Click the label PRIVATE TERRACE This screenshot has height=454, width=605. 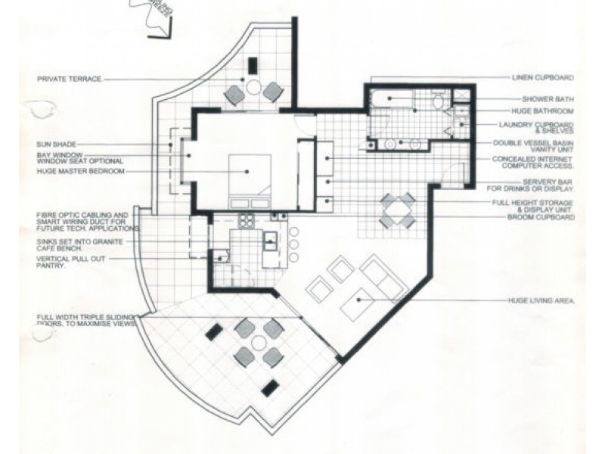[69, 79]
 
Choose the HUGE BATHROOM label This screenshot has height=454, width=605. [548, 111]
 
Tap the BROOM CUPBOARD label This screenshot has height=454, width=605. [541, 218]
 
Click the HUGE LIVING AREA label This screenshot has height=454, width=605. [541, 301]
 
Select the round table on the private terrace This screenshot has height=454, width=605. [253, 89]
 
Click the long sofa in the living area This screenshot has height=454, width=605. [382, 276]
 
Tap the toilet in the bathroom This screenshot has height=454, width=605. [438, 101]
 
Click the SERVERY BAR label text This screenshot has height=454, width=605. [531, 185]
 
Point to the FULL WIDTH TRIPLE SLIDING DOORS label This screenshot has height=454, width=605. [85, 319]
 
